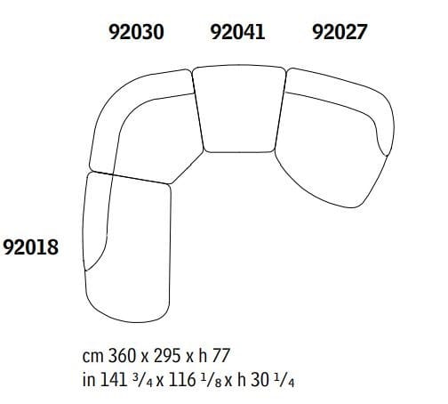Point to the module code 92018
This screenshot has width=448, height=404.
point(31,246)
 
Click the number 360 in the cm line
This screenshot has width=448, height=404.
point(119,356)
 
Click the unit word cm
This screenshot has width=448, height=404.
point(92,356)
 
